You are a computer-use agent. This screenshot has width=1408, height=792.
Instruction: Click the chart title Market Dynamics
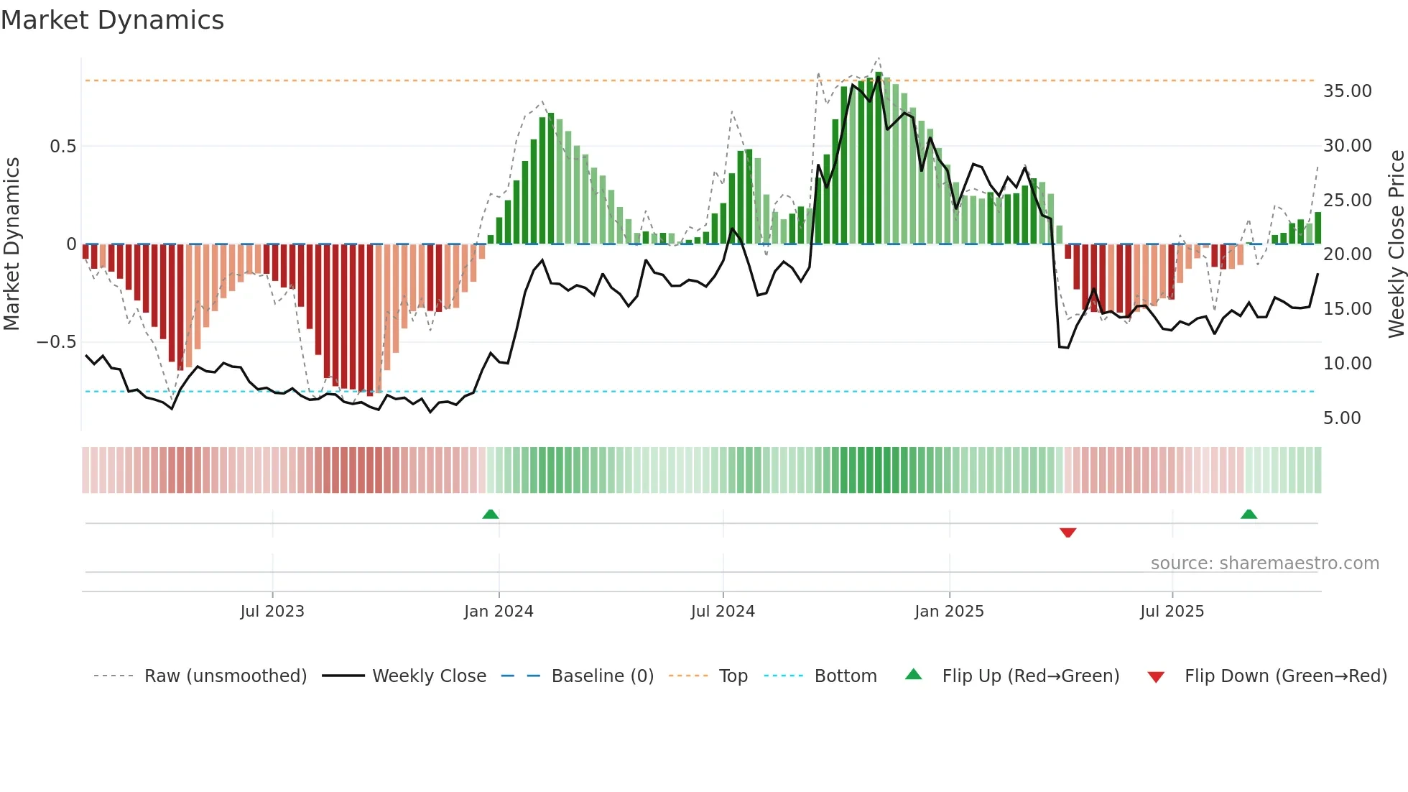click(x=112, y=20)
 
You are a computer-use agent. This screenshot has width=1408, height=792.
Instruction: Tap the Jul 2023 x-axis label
click(x=272, y=612)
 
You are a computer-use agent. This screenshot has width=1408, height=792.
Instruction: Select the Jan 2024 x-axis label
click(x=499, y=612)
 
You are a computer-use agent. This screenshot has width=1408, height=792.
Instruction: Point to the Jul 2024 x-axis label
click(x=723, y=612)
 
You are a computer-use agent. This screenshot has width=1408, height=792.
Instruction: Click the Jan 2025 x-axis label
click(x=949, y=612)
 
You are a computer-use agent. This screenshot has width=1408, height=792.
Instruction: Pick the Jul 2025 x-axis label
click(x=1172, y=612)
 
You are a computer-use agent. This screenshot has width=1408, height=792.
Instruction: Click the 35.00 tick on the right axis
click(x=1347, y=91)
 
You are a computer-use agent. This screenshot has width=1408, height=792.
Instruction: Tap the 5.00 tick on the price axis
click(x=1341, y=418)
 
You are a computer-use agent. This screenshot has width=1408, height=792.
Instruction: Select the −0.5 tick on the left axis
click(x=56, y=342)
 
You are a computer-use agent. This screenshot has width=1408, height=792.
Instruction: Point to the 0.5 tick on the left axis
click(x=62, y=147)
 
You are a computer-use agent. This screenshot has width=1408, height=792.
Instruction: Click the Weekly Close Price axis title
click(x=1396, y=244)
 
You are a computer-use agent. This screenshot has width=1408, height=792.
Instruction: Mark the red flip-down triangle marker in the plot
click(x=1067, y=533)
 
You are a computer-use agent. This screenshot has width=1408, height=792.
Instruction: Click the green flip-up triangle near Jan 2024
click(x=491, y=514)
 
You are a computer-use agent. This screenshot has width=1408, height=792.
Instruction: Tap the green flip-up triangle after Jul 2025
click(x=1249, y=514)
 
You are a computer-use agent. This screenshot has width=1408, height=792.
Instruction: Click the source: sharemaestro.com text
click(x=1264, y=563)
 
